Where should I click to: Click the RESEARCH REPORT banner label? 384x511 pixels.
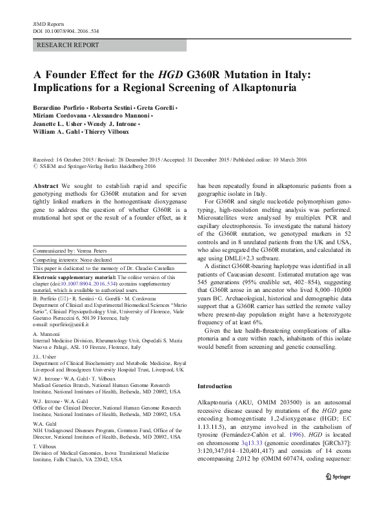coord(68,45)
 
